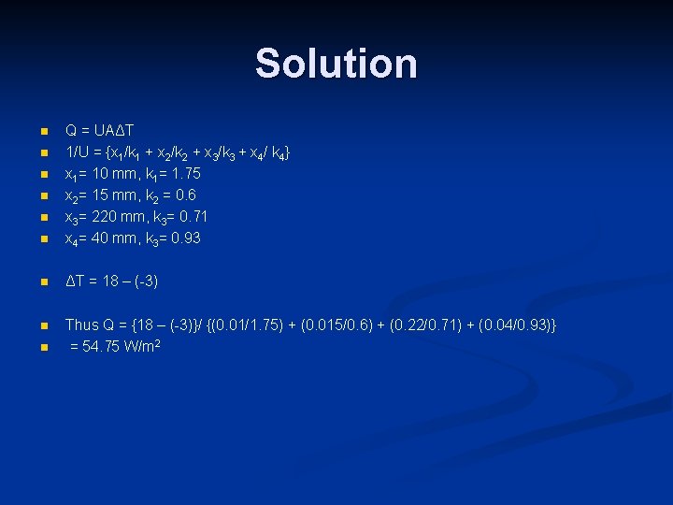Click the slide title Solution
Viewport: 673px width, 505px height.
[x=336, y=64]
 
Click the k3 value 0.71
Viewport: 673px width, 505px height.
[x=192, y=217]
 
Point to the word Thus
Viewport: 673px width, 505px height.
[x=81, y=325]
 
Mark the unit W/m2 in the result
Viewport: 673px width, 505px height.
[x=150, y=347]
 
